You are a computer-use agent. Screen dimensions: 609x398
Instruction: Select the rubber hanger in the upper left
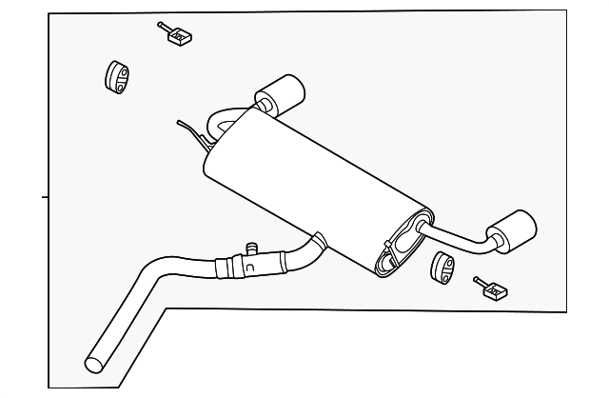[115, 76]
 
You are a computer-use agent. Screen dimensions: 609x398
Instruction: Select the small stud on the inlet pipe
[252, 249]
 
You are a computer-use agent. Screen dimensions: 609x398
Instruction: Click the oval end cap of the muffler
[398, 248]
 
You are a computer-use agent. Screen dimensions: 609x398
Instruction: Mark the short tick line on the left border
[45, 197]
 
